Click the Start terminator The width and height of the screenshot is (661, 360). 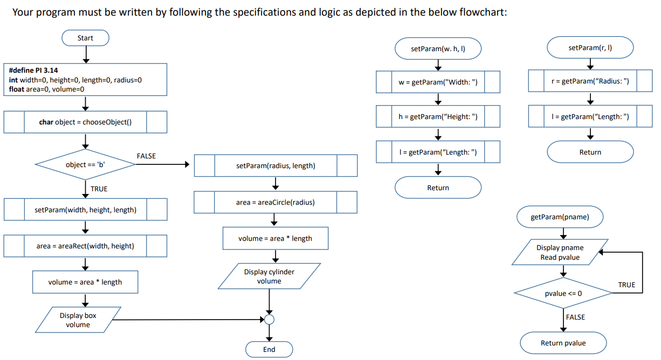[x=85, y=38]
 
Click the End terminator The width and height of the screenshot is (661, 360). [x=269, y=349]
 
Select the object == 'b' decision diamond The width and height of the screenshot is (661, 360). [x=85, y=164]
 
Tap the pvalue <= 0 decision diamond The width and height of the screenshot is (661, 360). [x=563, y=293]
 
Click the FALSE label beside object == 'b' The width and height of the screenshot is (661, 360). [x=146, y=156]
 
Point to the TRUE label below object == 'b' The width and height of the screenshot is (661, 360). [x=99, y=189]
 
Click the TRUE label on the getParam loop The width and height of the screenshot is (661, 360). [x=626, y=285]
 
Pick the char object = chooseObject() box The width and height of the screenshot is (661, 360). [x=85, y=122]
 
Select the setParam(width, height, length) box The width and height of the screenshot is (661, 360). [x=85, y=210]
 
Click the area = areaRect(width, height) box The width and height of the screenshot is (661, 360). [x=85, y=246]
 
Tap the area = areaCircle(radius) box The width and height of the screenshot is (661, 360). [x=275, y=202]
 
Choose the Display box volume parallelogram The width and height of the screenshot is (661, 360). [x=78, y=320]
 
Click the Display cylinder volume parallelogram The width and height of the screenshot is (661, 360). [x=269, y=276]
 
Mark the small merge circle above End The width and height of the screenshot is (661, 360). [x=269, y=320]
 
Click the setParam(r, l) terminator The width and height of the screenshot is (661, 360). [x=590, y=47]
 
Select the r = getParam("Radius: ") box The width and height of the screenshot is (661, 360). [x=590, y=81]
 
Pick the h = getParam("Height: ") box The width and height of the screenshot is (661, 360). [x=438, y=117]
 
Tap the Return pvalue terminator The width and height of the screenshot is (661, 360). [x=563, y=343]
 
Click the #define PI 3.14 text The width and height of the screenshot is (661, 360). [x=34, y=70]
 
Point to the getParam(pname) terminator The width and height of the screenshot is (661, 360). [x=560, y=217]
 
